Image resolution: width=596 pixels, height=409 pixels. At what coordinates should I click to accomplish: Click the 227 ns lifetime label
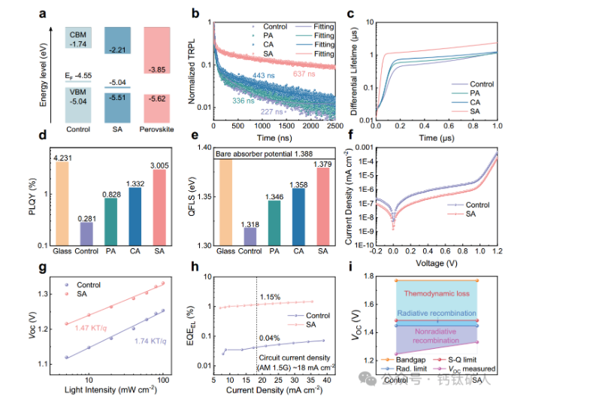273,111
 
